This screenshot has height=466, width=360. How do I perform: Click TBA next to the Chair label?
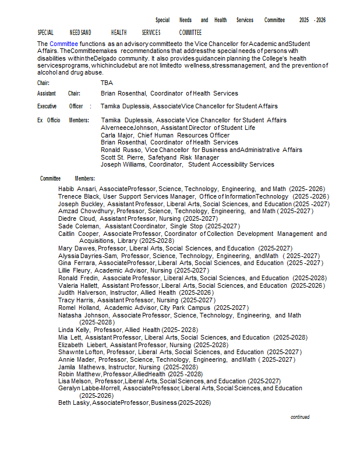(107, 83)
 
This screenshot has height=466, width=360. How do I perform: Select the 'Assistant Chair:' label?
(58, 93)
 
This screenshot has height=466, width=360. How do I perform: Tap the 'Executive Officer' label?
(60, 107)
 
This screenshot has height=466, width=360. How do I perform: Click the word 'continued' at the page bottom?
(300, 417)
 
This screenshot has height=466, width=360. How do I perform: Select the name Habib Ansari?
(77, 189)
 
